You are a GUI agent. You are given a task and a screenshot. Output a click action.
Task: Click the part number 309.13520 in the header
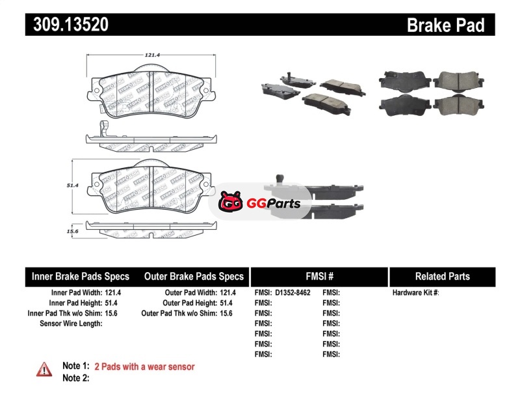[x=66, y=25]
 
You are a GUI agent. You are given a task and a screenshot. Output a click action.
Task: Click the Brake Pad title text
[x=445, y=25]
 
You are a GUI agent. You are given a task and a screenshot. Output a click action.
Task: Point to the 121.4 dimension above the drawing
[x=152, y=55]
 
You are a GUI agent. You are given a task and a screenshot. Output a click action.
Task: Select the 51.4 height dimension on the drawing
[x=72, y=186]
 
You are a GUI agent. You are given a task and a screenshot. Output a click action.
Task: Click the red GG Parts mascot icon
[x=230, y=204]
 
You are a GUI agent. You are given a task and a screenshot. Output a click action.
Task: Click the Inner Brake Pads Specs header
[x=81, y=277]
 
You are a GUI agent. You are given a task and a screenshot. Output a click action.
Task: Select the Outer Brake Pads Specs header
[x=194, y=277]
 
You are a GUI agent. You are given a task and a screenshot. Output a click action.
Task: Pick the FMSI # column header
[x=319, y=277]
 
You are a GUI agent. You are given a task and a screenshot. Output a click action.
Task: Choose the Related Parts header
[x=442, y=277]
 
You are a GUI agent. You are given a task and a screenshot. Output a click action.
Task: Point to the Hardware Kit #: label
[x=415, y=293]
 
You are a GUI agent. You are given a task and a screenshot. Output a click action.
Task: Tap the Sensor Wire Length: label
[x=71, y=323]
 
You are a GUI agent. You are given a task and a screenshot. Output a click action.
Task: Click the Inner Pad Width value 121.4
[x=114, y=293]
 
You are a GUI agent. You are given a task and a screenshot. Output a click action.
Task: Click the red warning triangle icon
[x=44, y=369]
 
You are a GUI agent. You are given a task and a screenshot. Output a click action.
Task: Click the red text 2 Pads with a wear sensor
[x=144, y=367]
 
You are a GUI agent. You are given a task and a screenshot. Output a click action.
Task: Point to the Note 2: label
[x=75, y=378]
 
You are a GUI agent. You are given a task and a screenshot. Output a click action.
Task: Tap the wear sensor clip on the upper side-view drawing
[x=99, y=128]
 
